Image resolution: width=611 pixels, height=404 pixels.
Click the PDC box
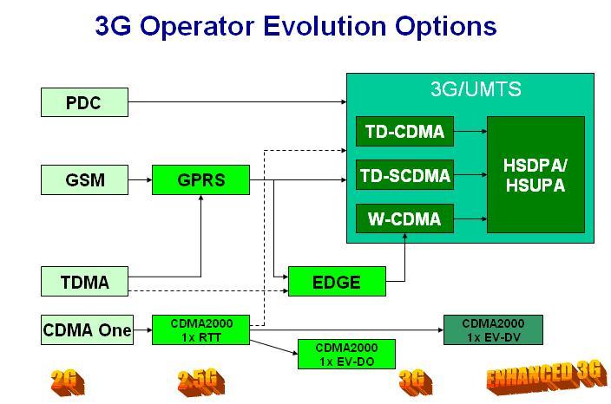click(x=84, y=103)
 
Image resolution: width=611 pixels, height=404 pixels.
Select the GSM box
click(x=84, y=180)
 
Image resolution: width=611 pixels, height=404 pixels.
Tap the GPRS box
click(x=200, y=180)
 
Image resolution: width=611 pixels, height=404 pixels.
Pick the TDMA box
click(x=84, y=281)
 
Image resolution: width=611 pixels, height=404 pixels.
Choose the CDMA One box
click(x=88, y=329)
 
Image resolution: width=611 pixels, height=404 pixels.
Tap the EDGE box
click(x=336, y=281)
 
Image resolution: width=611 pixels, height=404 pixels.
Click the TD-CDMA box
click(x=404, y=132)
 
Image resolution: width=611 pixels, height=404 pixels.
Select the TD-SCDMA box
click(x=405, y=177)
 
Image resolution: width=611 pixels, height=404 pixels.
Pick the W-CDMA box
click(x=404, y=219)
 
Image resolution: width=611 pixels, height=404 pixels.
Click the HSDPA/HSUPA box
click(x=535, y=174)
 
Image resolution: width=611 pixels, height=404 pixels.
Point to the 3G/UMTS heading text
click(x=476, y=88)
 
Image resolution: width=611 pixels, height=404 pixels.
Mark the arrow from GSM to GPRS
click(x=140, y=180)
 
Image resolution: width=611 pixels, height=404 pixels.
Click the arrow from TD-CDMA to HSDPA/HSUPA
click(x=469, y=132)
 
